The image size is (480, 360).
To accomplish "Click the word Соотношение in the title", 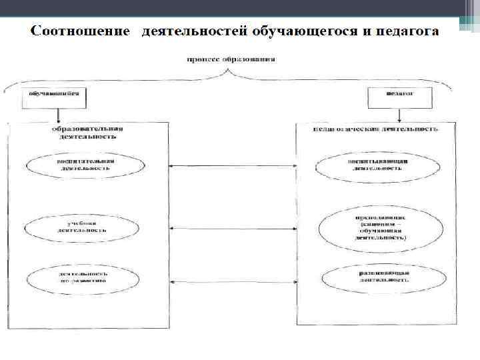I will pyautogui.click(x=79, y=32).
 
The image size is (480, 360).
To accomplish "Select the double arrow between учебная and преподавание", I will pyautogui.click(x=233, y=229).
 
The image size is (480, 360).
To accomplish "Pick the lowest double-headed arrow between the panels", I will pyautogui.click(x=233, y=282).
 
